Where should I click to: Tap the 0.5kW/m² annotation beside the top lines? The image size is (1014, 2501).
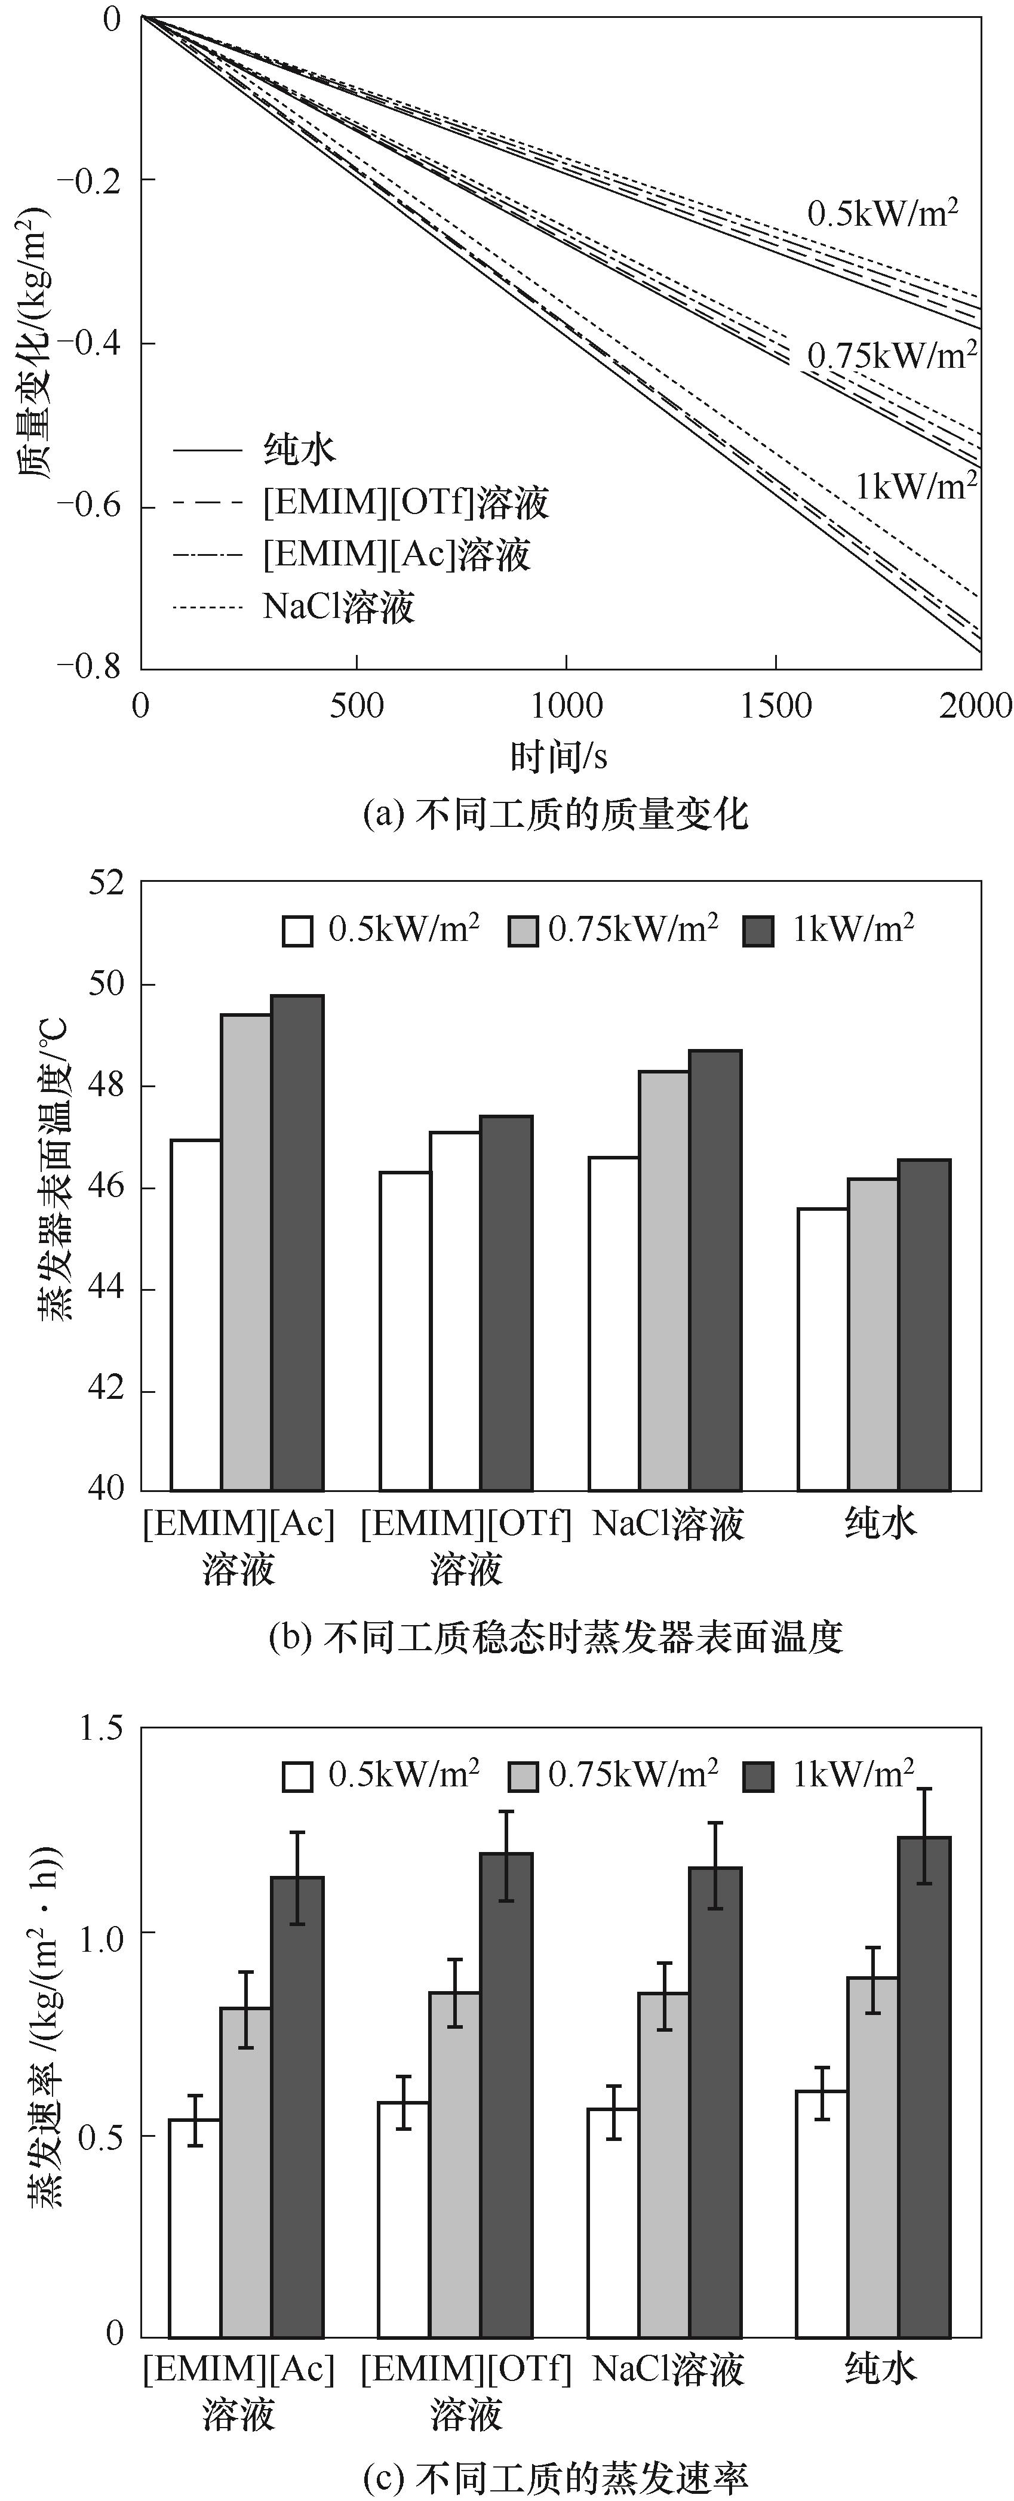(883, 213)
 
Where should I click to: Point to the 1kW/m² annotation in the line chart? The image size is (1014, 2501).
(915, 484)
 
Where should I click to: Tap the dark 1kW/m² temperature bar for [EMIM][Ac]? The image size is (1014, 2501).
(297, 1242)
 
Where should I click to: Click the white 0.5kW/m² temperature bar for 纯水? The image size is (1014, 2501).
(823, 1349)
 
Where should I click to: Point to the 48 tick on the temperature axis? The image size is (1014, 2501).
(107, 1085)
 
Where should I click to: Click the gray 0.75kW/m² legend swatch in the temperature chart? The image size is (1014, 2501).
(523, 930)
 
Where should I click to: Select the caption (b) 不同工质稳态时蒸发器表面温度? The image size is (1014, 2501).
(555, 1638)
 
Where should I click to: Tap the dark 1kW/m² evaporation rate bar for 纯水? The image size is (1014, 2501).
(924, 2087)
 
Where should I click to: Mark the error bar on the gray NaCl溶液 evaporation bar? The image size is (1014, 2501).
(664, 1996)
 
